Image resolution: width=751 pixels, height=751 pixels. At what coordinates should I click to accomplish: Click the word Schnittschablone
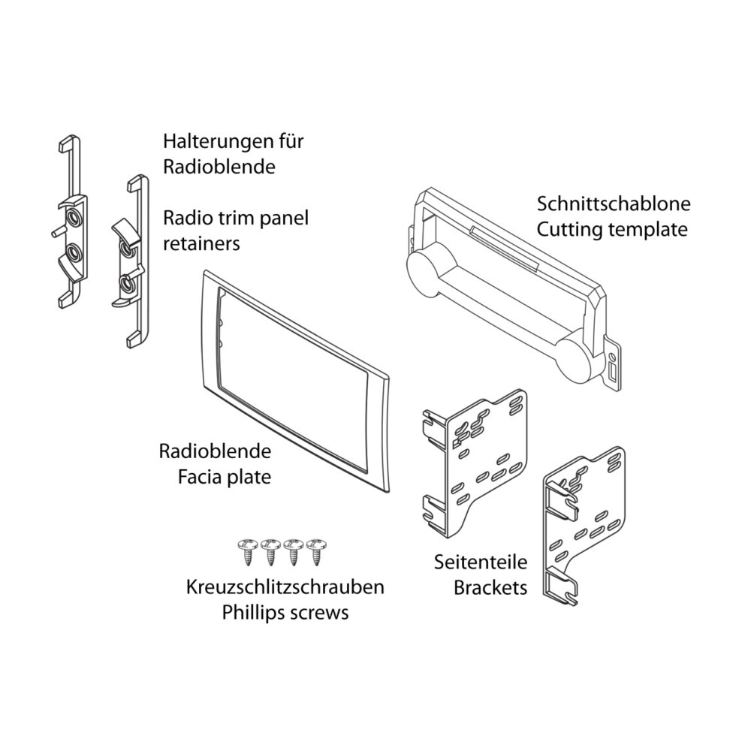tap(613, 204)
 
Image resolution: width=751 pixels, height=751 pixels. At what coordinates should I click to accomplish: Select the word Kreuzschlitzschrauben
tap(285, 587)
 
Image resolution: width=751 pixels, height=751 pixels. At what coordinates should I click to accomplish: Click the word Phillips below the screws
tap(252, 612)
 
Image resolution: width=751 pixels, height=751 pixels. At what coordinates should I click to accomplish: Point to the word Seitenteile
tap(481, 562)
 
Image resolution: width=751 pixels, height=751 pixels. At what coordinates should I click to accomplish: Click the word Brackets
tap(490, 587)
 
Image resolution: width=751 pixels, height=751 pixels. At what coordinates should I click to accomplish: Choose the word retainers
tap(202, 243)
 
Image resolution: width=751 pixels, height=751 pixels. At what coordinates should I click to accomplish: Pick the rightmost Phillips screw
tap(318, 550)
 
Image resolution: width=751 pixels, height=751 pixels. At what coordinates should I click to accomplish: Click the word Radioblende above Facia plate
tap(215, 451)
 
